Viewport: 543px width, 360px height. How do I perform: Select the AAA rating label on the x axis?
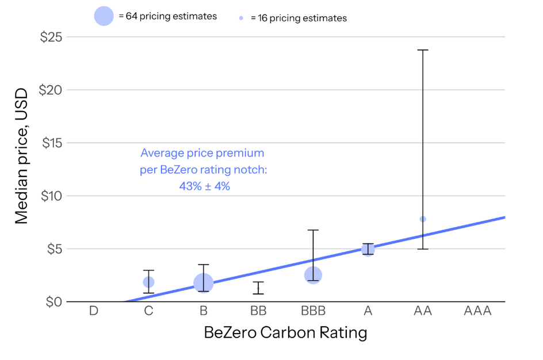tap(477, 311)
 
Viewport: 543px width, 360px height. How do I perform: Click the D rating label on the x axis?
tap(93, 311)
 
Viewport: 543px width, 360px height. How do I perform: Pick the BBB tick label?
tap(313, 311)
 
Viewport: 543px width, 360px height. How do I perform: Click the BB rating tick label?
tap(258, 311)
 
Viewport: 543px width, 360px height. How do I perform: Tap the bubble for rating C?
tap(148, 282)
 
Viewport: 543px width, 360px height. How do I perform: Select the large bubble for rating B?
tap(203, 282)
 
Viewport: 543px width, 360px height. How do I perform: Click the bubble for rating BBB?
tap(313, 275)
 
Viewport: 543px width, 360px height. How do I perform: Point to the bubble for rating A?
tap(368, 249)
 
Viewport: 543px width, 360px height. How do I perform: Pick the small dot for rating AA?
tap(423, 219)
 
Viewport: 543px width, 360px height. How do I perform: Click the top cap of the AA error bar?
tap(423, 50)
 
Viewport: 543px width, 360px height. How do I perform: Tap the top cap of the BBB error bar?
tap(313, 230)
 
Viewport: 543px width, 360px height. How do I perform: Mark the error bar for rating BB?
tap(258, 288)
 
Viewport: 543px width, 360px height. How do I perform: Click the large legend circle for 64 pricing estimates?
tap(104, 16)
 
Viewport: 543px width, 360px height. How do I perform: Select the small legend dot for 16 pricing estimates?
tap(242, 18)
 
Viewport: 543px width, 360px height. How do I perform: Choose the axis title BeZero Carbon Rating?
tap(285, 333)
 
